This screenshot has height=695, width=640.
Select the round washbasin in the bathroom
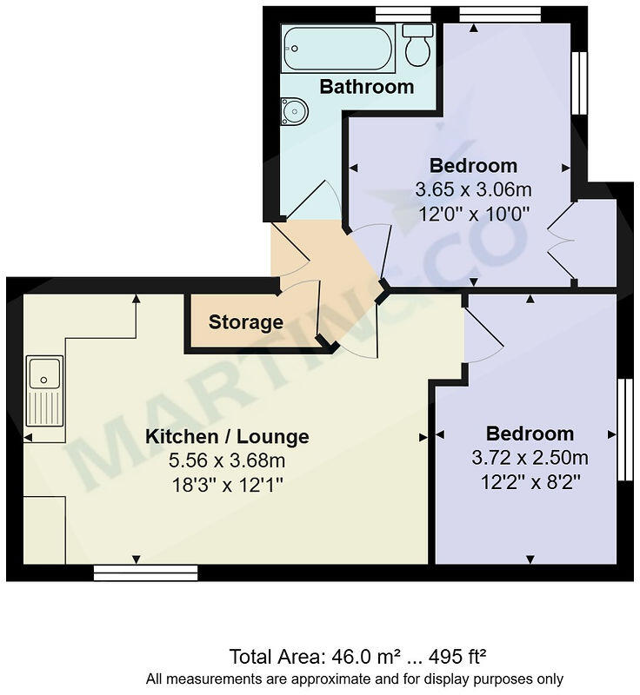click(294, 111)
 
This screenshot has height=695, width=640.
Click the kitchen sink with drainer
click(44, 391)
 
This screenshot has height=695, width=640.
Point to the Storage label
click(245, 322)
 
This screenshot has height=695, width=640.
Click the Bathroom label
click(366, 87)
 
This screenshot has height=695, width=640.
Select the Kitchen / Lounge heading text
click(227, 436)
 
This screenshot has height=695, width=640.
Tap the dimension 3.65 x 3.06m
click(474, 189)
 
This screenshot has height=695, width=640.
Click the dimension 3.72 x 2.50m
click(530, 457)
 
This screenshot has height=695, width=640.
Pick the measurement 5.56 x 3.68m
click(227, 460)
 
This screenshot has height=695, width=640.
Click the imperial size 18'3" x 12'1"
click(227, 484)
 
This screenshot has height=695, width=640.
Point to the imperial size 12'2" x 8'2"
click(530, 480)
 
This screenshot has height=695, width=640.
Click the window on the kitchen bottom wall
click(145, 572)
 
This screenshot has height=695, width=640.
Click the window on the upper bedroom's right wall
click(579, 83)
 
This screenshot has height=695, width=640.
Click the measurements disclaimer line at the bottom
click(354, 678)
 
